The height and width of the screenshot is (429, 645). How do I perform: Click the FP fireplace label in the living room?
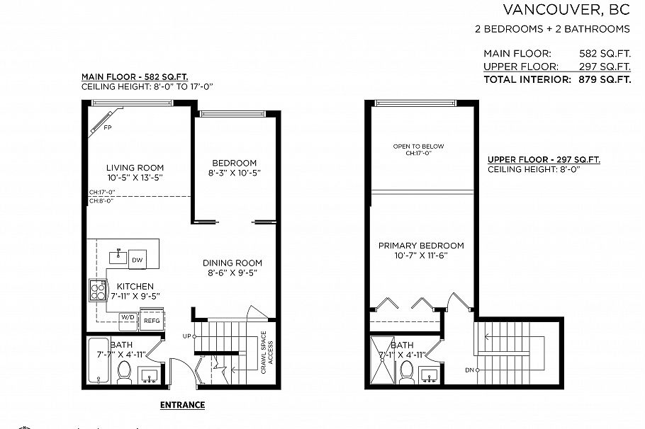pos(107,128)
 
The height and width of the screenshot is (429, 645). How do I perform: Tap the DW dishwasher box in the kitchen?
pos(138,260)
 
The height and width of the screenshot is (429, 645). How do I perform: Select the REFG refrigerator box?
pos(152,320)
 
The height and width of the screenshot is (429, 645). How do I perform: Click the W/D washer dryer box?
pos(128,317)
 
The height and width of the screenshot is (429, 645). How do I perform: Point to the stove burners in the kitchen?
pos(96,290)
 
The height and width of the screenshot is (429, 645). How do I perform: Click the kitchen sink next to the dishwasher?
pos(118,258)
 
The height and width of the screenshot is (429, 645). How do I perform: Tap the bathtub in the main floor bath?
pos(99,360)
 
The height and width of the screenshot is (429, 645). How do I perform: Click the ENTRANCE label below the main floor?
pos(182,406)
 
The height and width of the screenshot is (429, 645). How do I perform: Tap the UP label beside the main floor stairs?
pos(187,336)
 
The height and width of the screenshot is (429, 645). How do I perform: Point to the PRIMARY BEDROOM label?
pos(421,246)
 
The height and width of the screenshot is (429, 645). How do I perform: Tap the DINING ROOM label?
pos(235,263)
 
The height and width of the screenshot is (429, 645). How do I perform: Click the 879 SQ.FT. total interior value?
pos(602,80)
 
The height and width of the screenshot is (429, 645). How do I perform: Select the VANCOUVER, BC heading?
pos(566,10)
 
